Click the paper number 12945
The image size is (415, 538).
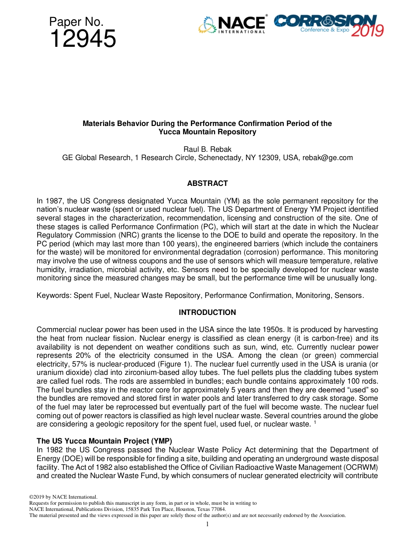83,39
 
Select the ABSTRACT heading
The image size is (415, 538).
207,183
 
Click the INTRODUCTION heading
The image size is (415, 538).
207,312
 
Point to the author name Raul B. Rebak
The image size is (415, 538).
207,149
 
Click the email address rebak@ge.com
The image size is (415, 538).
328,157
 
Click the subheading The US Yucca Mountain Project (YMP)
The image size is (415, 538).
104,441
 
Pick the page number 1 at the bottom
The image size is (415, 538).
207,524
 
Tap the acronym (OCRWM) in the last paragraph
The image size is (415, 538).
360,467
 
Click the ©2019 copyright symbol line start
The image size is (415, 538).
39,497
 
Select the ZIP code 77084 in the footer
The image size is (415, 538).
218,509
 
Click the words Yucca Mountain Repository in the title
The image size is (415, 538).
207,132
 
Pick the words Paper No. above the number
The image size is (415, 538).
76,22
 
